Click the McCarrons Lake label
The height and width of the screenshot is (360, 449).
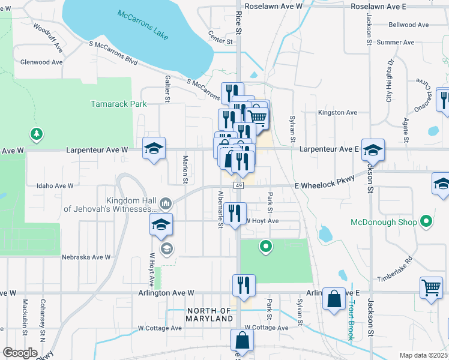(x=143, y=25)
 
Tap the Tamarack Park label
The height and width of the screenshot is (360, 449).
(x=118, y=104)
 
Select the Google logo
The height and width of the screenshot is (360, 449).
(x=20, y=353)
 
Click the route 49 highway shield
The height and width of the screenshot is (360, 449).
(x=239, y=186)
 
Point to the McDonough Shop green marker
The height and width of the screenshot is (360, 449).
(x=427, y=223)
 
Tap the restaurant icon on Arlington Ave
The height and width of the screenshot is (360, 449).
(x=244, y=285)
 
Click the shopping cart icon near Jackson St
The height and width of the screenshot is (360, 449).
(x=431, y=289)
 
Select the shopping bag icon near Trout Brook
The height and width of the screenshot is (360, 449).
(x=334, y=299)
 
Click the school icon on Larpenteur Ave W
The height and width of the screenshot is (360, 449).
(x=154, y=148)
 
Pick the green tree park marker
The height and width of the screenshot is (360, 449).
(x=37, y=133)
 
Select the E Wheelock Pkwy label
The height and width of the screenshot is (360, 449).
(x=325, y=186)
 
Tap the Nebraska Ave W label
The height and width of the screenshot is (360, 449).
(x=86, y=257)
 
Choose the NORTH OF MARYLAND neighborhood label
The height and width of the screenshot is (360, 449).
(x=209, y=314)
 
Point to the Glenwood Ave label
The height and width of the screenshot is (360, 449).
(x=41, y=62)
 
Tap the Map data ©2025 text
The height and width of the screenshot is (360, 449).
(x=423, y=355)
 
